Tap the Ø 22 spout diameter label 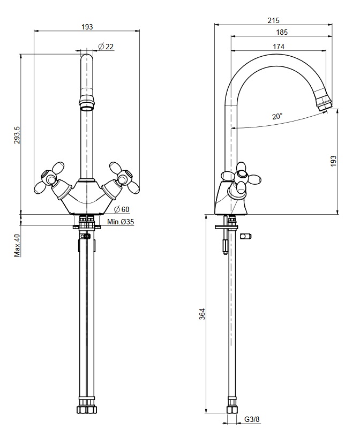tap(106, 47)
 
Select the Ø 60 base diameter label tap(122, 209)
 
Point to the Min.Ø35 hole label tap(121, 222)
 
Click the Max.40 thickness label tap(18, 246)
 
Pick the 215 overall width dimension tap(274, 20)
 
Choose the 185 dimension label tap(282, 33)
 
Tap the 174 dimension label tap(279, 47)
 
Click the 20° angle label tap(277, 116)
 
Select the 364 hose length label tap(202, 314)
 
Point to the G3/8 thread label tap(252, 419)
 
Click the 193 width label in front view tap(87, 27)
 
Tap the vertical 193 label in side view tap(333, 161)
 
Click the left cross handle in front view tap(49, 179)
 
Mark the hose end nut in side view tap(232, 410)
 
